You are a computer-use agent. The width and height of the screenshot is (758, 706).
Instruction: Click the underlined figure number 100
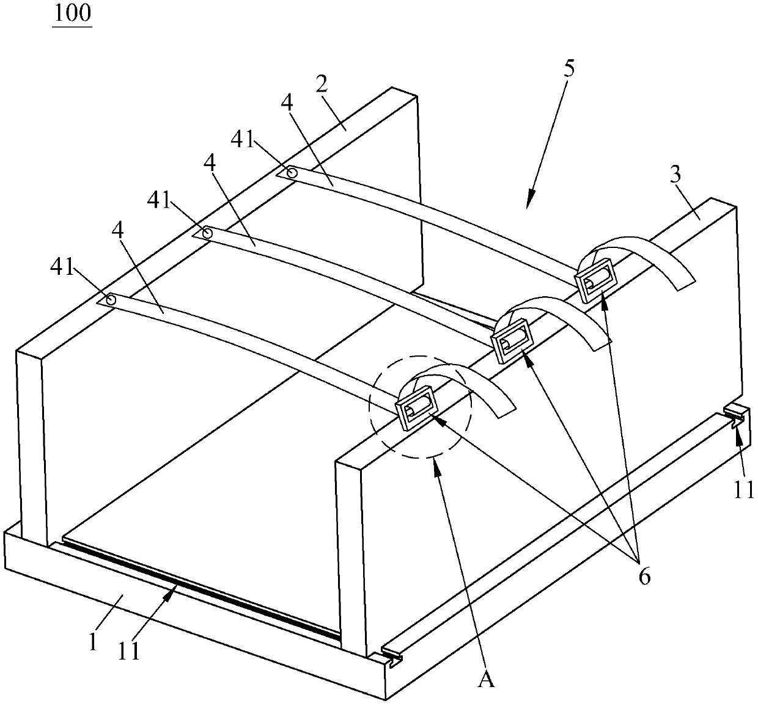(72, 13)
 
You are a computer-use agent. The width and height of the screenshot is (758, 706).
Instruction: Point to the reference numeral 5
(568, 68)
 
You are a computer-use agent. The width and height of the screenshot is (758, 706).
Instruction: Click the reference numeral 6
(644, 576)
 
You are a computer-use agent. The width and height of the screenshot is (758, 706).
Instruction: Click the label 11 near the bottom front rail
(129, 651)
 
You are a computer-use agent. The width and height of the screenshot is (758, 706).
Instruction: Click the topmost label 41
(243, 139)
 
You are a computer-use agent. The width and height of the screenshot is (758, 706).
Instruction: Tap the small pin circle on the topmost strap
(292, 173)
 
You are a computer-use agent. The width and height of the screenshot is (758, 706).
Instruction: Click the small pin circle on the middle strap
(207, 233)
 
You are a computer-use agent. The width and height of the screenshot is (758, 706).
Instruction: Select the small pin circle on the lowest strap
(111, 300)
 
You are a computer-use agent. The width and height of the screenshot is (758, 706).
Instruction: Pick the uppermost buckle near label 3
(594, 278)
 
